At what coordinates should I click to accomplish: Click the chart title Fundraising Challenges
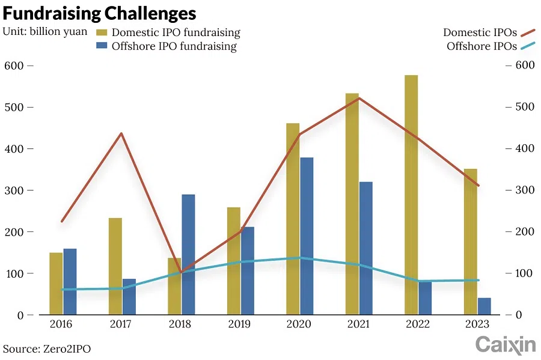pos(100,13)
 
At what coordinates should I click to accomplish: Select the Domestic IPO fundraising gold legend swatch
pos(102,32)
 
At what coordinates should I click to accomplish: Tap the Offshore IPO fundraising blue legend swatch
pos(102,46)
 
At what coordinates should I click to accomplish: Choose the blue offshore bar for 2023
pos(484,306)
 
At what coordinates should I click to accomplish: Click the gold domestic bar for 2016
pos(56,283)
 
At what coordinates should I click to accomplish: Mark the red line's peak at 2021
pos(359,98)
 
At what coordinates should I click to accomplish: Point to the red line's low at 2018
pos(181,272)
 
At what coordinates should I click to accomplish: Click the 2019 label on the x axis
pos(239,324)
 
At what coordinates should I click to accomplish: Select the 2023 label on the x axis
pos(477,324)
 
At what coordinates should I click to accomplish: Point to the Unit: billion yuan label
pos(44,31)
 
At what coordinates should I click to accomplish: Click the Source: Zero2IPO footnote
pos(47,349)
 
